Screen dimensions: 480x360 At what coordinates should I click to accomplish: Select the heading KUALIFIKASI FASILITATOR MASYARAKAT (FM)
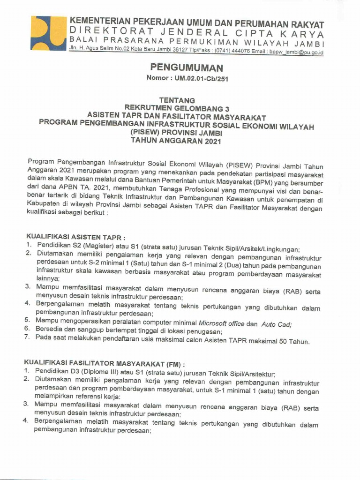point(105,363)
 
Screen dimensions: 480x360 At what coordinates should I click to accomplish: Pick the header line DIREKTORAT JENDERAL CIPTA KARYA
point(196,33)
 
